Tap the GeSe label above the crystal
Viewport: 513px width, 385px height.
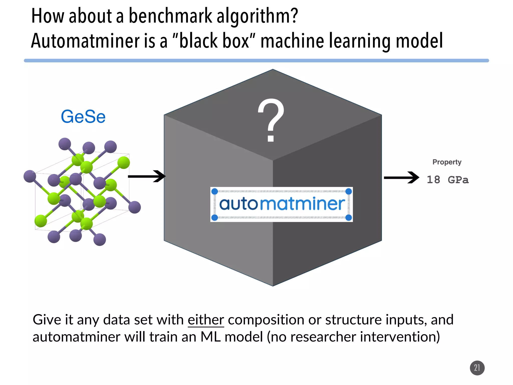pyautogui.click(x=83, y=117)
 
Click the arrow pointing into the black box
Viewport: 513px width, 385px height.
pyautogui.click(x=147, y=176)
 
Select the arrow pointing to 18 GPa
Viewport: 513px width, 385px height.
pyautogui.click(x=401, y=178)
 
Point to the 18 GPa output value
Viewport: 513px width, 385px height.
pyautogui.click(x=447, y=180)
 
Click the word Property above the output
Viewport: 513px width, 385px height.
pyautogui.click(x=447, y=162)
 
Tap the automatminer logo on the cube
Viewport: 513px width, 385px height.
pyautogui.click(x=282, y=204)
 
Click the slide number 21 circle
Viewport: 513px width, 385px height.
pyautogui.click(x=477, y=368)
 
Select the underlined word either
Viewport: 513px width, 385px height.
pyautogui.click(x=206, y=320)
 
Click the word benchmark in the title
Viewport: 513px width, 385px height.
pyautogui.click(x=170, y=16)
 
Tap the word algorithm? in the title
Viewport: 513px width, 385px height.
pyautogui.click(x=257, y=16)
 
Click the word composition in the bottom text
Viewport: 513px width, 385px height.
pyautogui.click(x=266, y=320)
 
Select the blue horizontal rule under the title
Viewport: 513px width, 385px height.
pyautogui.click(x=256, y=61)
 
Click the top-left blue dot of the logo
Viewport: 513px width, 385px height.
pyautogui.click(x=215, y=191)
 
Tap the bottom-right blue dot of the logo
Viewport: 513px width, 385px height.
pyautogui.click(x=348, y=218)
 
